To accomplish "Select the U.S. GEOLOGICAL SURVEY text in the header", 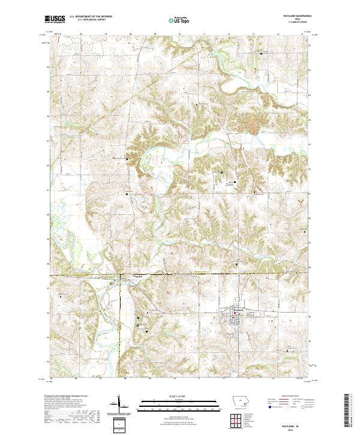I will coord(88,20).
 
